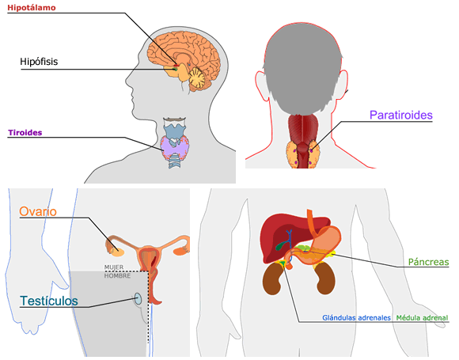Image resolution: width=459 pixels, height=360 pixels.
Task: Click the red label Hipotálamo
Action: [32, 8]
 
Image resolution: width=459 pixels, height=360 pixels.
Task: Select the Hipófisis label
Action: [39, 62]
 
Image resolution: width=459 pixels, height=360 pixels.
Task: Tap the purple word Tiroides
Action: [25, 133]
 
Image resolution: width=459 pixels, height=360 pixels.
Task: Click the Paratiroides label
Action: [401, 115]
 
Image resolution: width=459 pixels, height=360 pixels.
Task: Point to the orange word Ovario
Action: [38, 211]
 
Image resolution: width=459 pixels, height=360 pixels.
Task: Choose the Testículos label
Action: [49, 301]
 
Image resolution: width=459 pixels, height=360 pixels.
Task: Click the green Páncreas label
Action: [429, 262]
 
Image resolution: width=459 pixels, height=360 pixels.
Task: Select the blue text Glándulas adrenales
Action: [357, 318]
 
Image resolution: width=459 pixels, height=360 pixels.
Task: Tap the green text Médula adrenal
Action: [422, 318]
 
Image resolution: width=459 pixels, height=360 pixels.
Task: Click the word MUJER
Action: [114, 267]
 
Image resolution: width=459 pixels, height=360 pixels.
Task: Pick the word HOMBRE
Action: [117, 275]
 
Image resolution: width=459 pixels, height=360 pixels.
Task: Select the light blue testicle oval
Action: [138, 299]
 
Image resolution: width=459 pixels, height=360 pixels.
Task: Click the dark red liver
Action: [281, 238]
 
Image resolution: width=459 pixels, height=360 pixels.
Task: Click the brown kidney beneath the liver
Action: [273, 279]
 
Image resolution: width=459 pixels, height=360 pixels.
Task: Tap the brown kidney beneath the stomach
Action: [325, 279]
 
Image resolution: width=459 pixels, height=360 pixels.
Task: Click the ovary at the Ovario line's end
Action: [118, 252]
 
